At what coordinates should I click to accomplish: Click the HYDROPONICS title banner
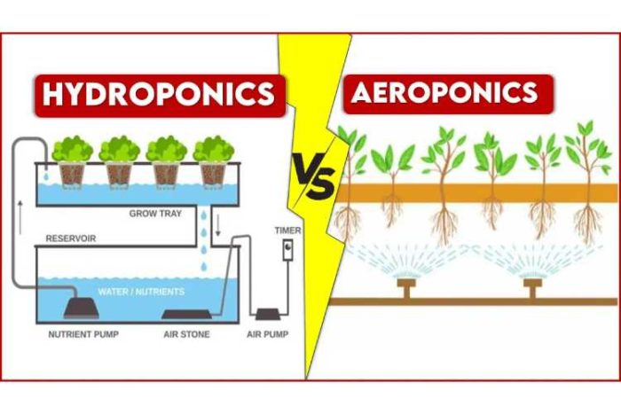160,96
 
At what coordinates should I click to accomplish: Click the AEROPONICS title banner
447,94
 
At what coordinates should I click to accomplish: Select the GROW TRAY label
155,214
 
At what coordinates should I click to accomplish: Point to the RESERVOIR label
71,238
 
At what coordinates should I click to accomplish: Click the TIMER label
288,230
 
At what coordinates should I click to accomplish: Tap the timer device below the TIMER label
288,250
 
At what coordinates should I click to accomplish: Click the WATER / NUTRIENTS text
141,292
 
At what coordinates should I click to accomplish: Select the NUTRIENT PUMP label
83,334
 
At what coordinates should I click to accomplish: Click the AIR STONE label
186,334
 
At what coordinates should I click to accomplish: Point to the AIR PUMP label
267,334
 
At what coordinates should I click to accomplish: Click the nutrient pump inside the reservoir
82,308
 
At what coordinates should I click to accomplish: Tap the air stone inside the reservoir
186,314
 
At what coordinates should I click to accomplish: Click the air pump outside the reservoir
268,315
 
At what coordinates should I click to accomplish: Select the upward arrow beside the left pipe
20,217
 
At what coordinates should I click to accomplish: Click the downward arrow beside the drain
217,225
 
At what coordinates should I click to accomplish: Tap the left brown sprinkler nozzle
406,288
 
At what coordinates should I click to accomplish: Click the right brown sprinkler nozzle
532,288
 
